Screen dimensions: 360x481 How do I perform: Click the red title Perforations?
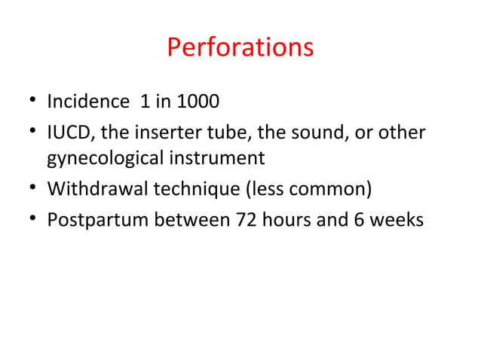240,47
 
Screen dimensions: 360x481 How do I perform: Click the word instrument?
222,159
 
